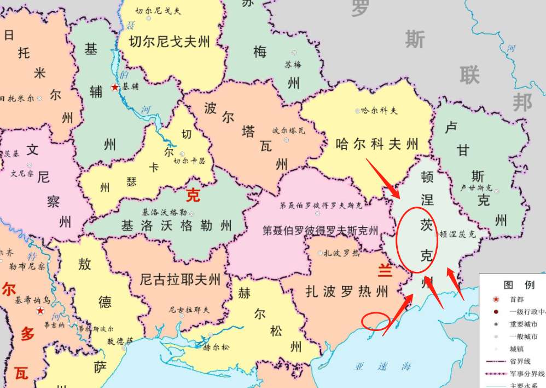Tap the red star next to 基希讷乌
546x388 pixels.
coord(40,311)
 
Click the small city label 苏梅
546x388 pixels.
coord(293,65)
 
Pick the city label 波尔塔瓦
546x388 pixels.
coord(288,131)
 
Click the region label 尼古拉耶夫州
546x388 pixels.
coord(180,280)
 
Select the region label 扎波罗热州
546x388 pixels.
coord(347,290)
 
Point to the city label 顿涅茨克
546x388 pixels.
coord(457,233)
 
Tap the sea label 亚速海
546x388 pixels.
coord(382,367)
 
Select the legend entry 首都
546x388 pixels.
coord(517,300)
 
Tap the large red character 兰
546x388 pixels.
coord(386,270)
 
